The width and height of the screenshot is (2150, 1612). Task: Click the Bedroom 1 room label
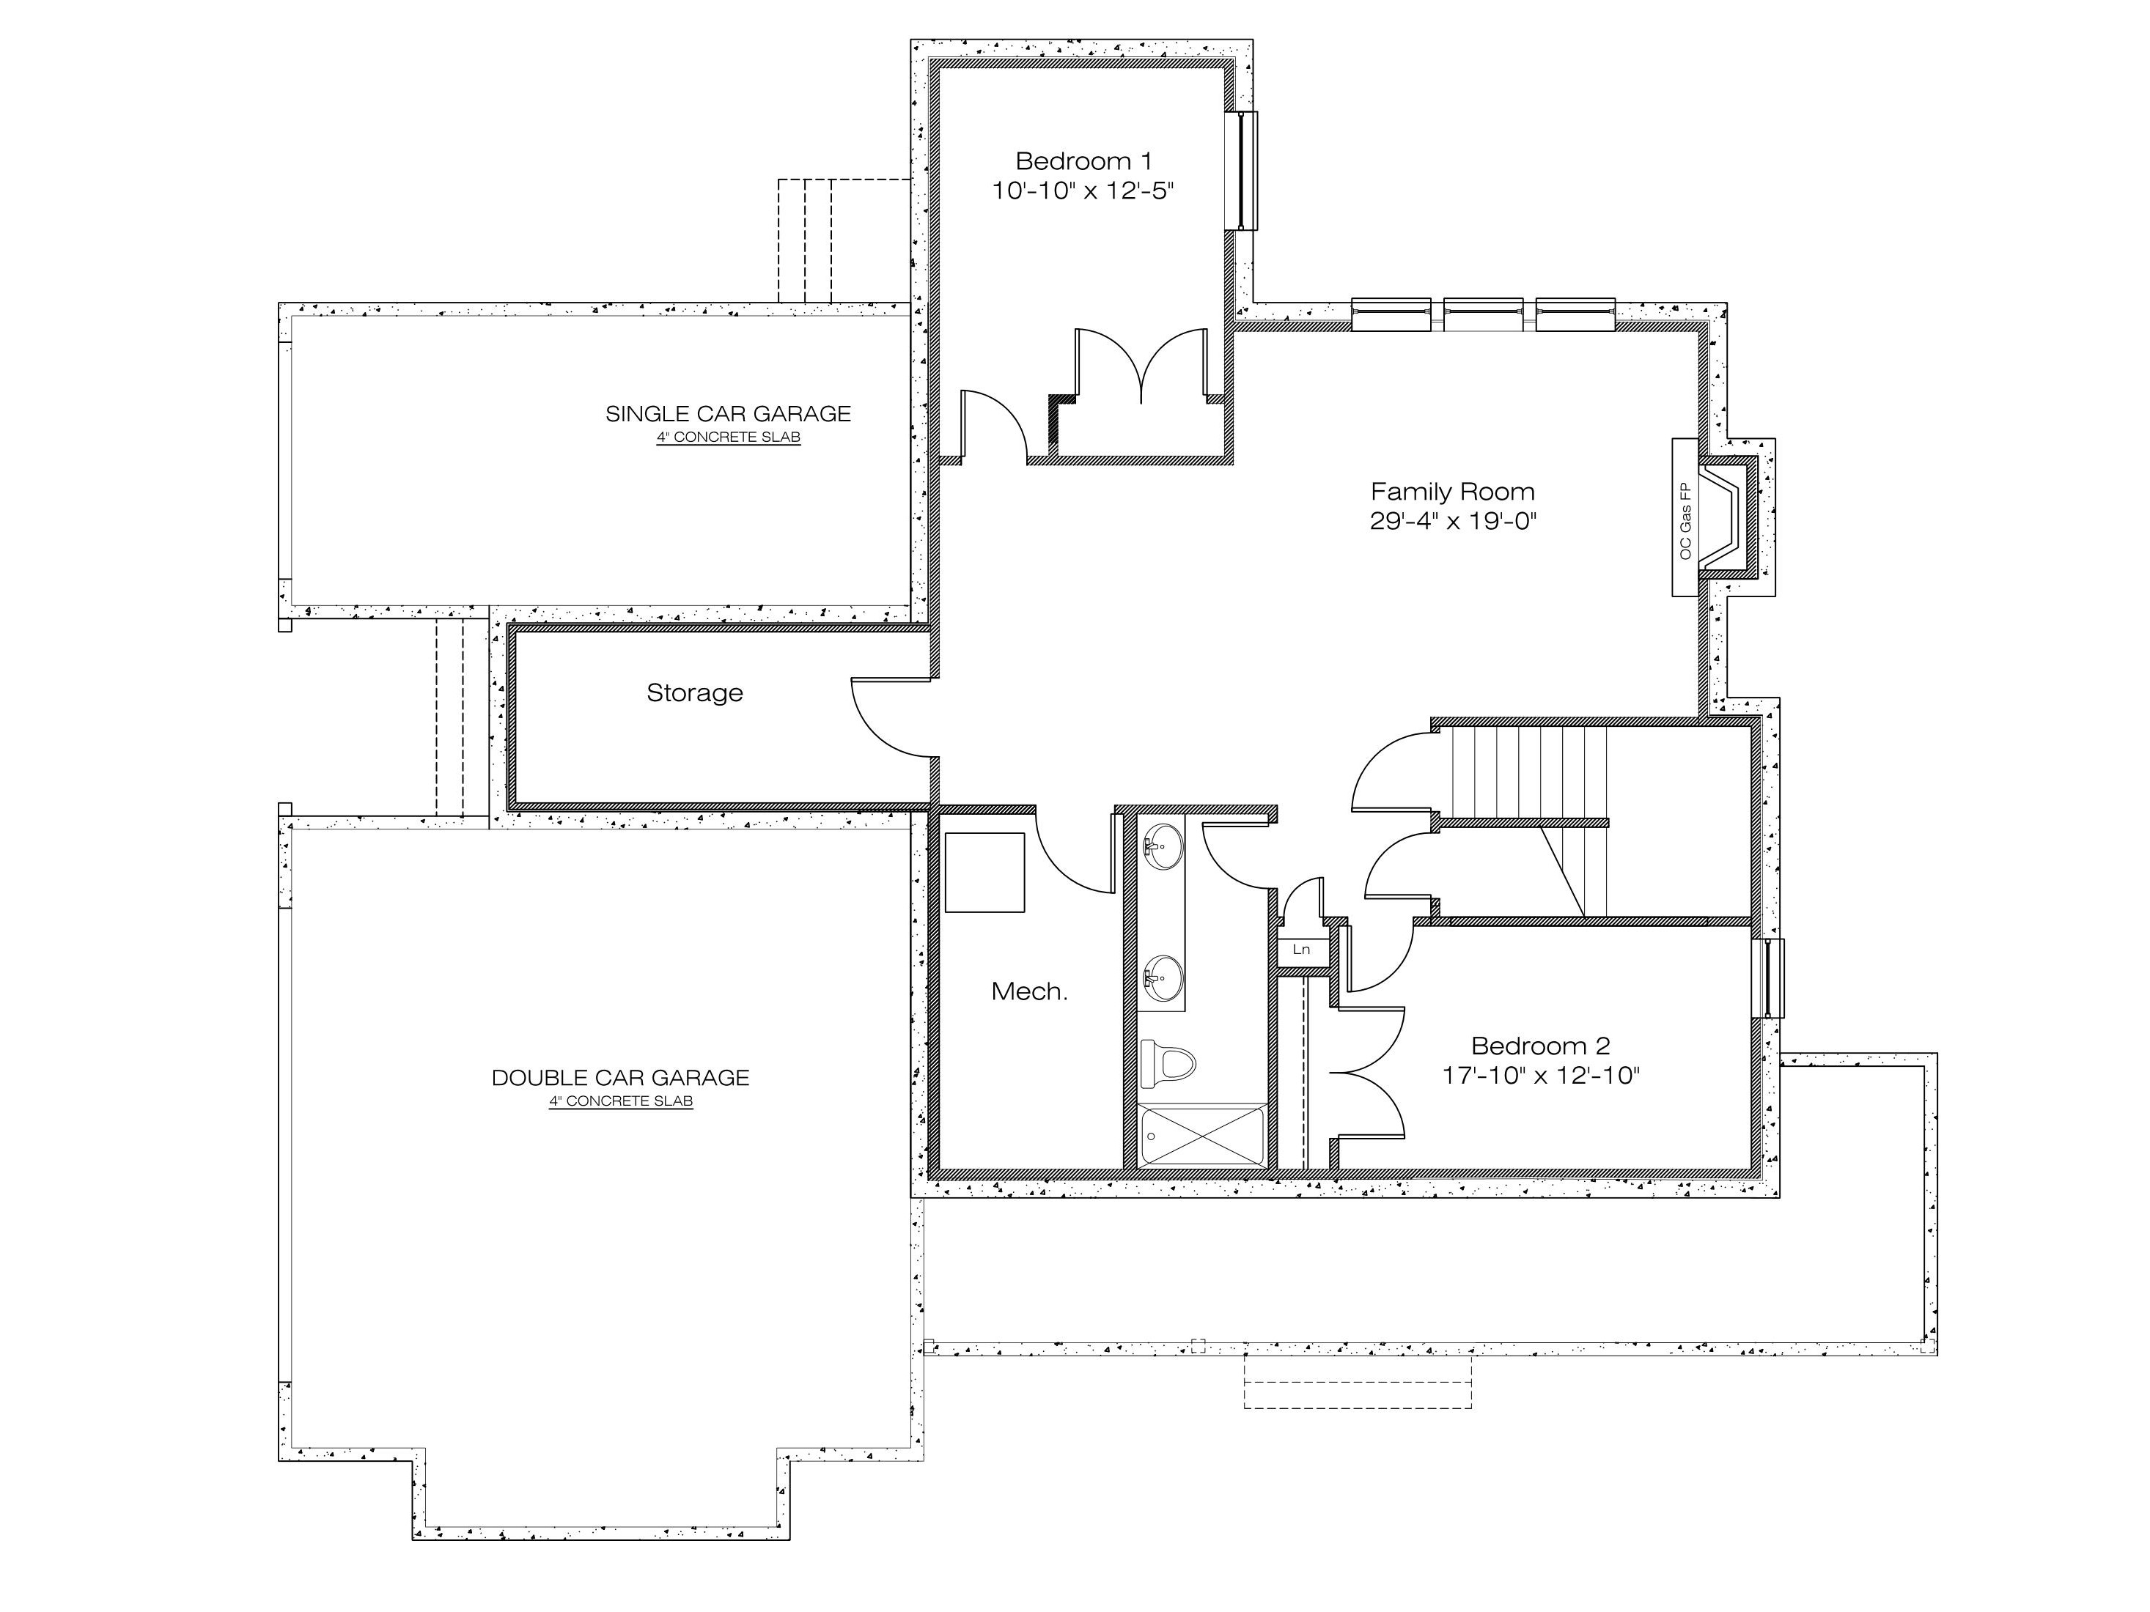[1083, 160]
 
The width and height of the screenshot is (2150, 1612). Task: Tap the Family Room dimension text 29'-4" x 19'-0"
[1452, 521]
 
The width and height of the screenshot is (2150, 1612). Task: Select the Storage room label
[694, 693]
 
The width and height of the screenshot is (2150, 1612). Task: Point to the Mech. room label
[1029, 991]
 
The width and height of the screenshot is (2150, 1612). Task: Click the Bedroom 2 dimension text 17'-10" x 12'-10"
[1541, 1076]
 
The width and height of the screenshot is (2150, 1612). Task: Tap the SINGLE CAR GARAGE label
[728, 414]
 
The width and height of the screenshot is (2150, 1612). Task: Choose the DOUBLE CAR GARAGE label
[620, 1078]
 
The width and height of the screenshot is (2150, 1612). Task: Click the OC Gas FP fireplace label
[1685, 521]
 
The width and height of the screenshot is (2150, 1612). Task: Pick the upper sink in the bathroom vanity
[1162, 846]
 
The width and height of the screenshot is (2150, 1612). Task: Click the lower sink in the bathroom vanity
[1162, 977]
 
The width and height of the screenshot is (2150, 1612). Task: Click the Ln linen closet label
[1301, 950]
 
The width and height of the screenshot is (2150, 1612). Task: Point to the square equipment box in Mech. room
[984, 873]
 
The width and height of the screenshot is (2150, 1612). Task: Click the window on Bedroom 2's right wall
[1768, 978]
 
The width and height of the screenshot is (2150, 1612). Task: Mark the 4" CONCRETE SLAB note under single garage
[728, 438]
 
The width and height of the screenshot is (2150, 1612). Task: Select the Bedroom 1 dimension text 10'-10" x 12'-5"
[1083, 191]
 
